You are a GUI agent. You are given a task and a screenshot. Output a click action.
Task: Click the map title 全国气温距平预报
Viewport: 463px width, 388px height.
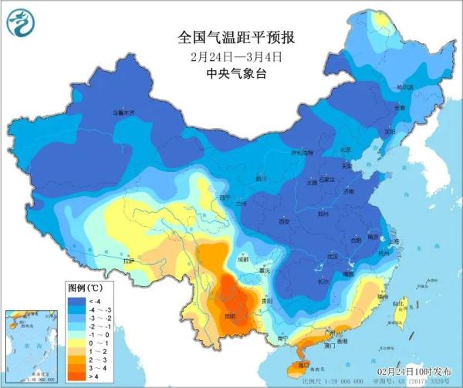(232, 37)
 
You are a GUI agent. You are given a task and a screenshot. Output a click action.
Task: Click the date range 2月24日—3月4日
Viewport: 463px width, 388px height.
(232, 57)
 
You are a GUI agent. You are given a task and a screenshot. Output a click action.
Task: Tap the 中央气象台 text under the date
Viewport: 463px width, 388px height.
(232, 75)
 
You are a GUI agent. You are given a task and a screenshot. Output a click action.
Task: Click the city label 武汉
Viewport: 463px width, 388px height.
(333, 255)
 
